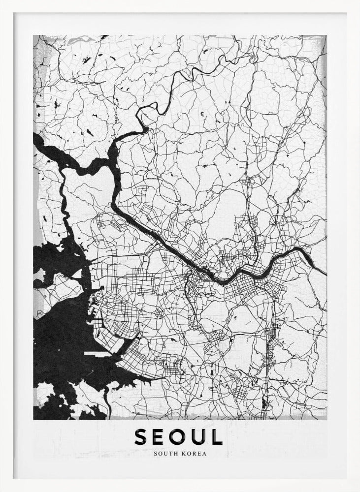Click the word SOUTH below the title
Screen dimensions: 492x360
coord(165,454)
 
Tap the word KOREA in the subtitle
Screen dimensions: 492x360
coord(195,454)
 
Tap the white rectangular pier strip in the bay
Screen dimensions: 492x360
coord(97,353)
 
